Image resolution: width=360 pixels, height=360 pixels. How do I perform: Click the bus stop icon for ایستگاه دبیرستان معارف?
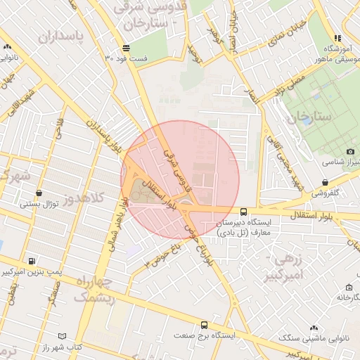pyautogui.click(x=243, y=211)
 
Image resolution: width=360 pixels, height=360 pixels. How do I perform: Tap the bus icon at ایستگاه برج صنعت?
pyautogui.click(x=205, y=325)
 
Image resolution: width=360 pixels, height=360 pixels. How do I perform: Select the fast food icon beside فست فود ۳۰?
pyautogui.click(x=125, y=48)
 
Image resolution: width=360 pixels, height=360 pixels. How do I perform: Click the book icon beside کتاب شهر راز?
pyautogui.click(x=63, y=337)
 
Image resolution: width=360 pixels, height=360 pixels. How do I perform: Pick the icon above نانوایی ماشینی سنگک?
pyautogui.click(x=314, y=328)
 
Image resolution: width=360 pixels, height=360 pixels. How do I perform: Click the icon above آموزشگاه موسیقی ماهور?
pyautogui.click(x=338, y=38)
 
